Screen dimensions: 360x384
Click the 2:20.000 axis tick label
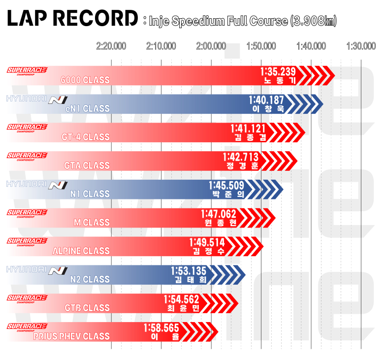click(x=111, y=46)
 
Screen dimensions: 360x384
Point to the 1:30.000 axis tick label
click(x=361, y=46)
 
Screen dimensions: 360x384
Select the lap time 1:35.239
click(x=278, y=72)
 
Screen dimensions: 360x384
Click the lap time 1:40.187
click(x=266, y=100)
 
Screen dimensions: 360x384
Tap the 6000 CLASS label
click(x=85, y=80)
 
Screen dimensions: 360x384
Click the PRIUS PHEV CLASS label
click(x=71, y=337)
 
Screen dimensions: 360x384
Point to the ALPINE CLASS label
click(x=81, y=251)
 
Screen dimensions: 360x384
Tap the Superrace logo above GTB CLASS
click(x=27, y=298)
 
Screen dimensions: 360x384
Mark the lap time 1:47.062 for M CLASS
click(x=219, y=214)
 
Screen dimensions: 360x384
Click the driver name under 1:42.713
click(x=240, y=166)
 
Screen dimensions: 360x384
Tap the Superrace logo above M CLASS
click(x=27, y=213)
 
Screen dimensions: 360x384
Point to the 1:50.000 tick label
click(x=261, y=46)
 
